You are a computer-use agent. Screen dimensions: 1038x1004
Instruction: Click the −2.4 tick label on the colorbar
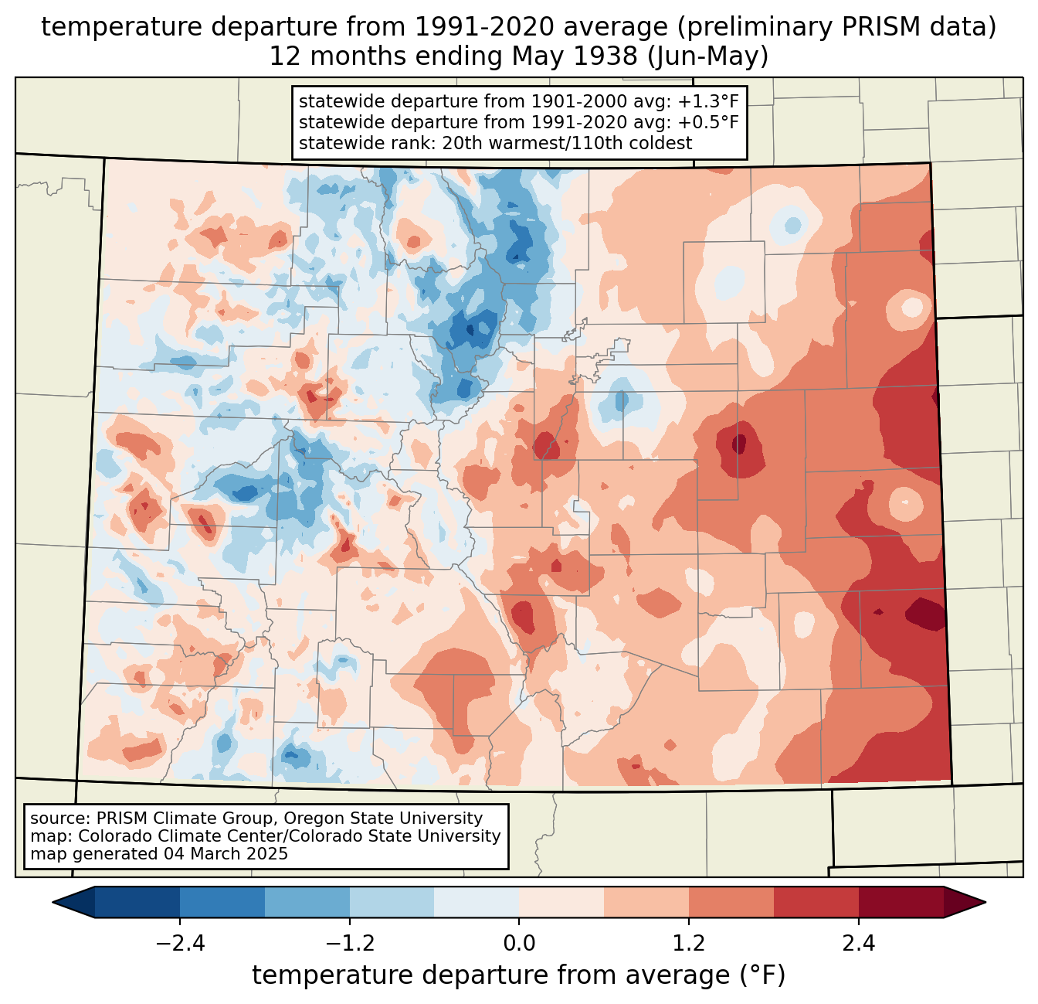pos(180,943)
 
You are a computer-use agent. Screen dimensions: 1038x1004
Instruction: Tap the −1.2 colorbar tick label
pos(349,943)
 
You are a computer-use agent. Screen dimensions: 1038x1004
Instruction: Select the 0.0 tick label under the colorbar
pos(519,943)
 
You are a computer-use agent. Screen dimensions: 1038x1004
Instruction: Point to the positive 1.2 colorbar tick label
pos(689,943)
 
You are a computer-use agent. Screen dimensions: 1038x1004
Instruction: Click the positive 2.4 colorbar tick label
pos(858,943)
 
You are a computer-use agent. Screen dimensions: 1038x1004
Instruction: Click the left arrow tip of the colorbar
pos(53,903)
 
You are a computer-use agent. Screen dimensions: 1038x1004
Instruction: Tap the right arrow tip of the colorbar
pos(985,903)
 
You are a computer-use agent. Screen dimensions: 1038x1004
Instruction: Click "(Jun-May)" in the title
pos(707,57)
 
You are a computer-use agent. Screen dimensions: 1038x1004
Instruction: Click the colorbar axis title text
pos(518,975)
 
